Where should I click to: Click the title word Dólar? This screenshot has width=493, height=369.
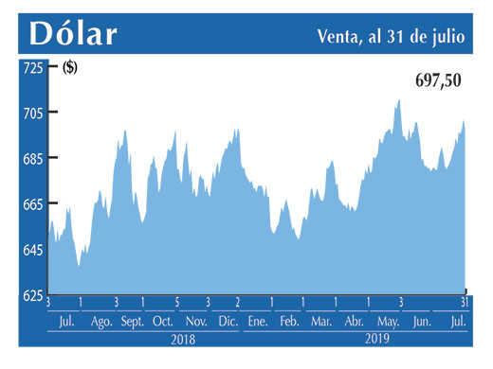[x=73, y=34]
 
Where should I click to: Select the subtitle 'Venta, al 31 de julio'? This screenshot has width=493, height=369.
[x=390, y=36]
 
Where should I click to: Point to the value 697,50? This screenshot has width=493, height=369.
[x=438, y=81]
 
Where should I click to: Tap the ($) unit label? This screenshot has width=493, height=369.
[x=70, y=68]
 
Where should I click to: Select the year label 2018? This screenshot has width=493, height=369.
[x=184, y=338]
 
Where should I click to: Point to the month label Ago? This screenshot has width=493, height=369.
[x=101, y=322]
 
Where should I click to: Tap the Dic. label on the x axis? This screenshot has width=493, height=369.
[x=228, y=322]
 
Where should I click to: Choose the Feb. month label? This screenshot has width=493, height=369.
[x=289, y=322]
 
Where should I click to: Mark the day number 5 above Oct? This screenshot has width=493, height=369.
[x=176, y=303]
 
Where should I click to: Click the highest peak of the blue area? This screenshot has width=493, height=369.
[x=398, y=100]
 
